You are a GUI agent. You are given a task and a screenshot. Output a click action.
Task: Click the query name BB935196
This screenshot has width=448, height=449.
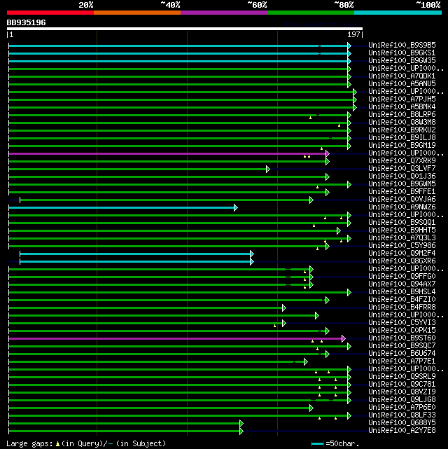coord(27,22)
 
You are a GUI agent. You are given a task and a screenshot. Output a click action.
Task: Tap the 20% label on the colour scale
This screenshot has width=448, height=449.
coord(85,4)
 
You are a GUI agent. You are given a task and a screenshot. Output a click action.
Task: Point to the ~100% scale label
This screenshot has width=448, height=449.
coord(427,4)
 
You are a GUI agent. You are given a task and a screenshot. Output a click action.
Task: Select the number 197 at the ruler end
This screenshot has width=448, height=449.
coord(354,34)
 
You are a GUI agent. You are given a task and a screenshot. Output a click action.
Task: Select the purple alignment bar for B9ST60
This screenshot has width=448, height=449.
coord(175,338)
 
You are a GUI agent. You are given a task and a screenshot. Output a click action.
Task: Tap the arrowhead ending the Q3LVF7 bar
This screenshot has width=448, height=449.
coord(267,169)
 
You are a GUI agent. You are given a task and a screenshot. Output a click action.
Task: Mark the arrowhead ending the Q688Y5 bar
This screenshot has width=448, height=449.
coord(240,423)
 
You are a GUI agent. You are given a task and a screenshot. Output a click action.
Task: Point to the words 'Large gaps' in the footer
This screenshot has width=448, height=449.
coord(27,443)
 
